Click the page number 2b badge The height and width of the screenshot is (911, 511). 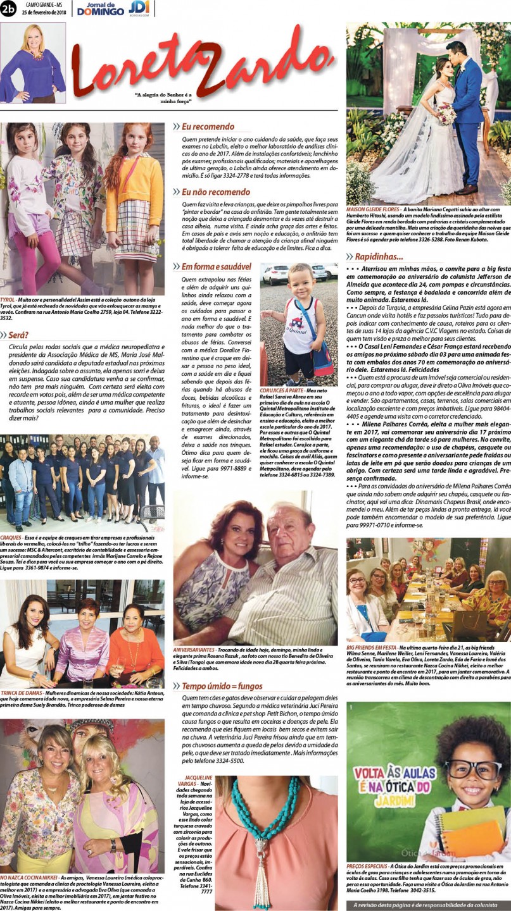(9, 8)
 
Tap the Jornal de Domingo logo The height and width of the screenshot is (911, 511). (101, 8)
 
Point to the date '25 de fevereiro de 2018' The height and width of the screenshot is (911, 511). (44, 13)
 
